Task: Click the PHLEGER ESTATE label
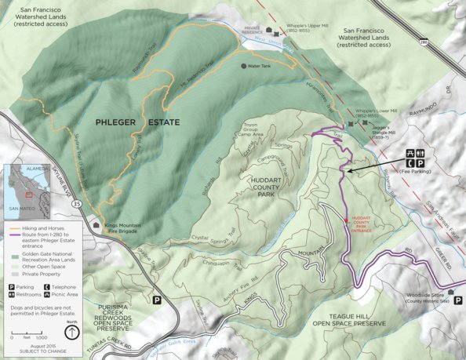pos(137,123)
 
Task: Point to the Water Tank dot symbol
pos(244,66)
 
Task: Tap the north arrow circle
pos(72,332)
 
